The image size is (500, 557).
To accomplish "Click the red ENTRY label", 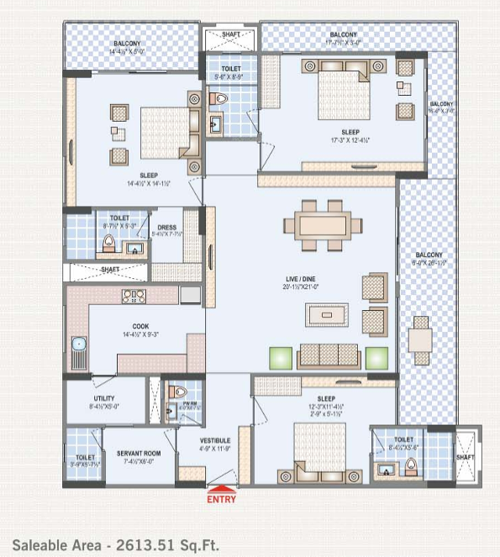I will pos(221,498).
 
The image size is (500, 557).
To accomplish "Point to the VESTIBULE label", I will pos(215,441).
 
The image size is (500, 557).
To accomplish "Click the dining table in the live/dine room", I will pos(323,224).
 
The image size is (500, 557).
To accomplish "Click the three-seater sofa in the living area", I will pos(329,356).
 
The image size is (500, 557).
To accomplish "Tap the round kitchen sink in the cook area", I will pos(78,344).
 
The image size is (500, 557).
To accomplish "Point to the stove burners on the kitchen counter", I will pos(134,295).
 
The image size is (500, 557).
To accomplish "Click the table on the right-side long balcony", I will pos(420,339).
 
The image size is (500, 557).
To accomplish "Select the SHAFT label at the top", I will pos(230,35).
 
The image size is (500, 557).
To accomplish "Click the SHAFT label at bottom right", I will pos(465,458).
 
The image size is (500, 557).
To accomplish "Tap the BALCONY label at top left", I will pos(128,43).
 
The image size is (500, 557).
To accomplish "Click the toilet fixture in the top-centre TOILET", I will pos(219,98).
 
